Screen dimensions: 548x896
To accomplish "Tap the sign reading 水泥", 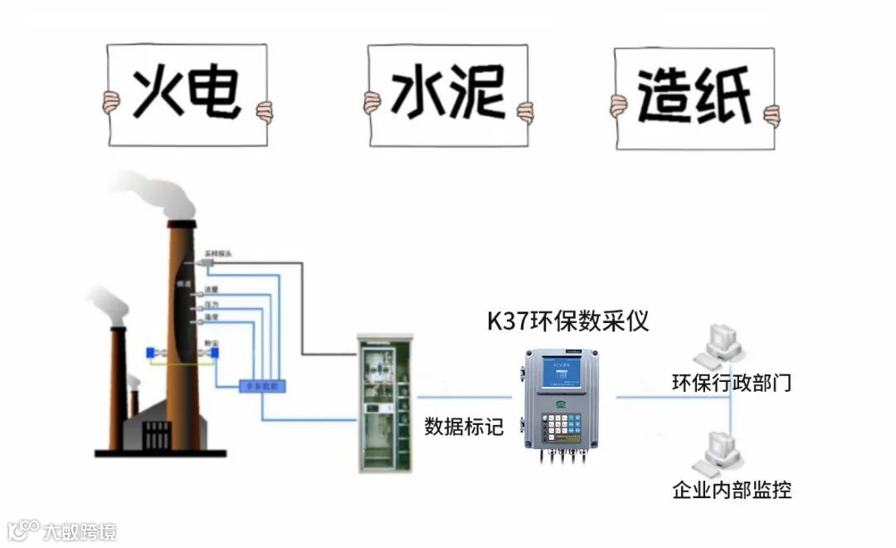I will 448,95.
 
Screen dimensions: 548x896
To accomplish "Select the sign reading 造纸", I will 694,98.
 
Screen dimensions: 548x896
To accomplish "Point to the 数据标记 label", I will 464,427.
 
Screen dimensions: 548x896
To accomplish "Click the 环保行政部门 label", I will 731,383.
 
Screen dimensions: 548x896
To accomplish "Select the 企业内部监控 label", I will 731,489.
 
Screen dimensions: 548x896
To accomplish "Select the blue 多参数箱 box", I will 262,386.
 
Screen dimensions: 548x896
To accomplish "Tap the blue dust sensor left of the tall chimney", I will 152,354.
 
